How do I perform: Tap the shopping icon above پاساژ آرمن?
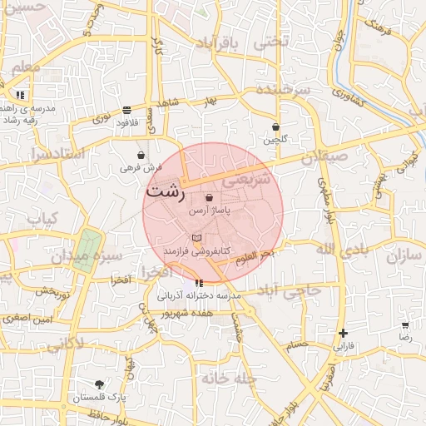pos(208,198)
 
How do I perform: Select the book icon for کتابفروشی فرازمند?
pos(196,238)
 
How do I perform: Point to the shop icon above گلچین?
pos(275,127)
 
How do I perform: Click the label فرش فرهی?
pos(140,167)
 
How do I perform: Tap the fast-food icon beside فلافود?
pos(126,110)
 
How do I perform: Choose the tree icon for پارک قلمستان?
pos(100,384)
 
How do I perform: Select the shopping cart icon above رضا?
pos(405,326)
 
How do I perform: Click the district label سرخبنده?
pos(283,88)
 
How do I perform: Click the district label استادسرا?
pos(57,155)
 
